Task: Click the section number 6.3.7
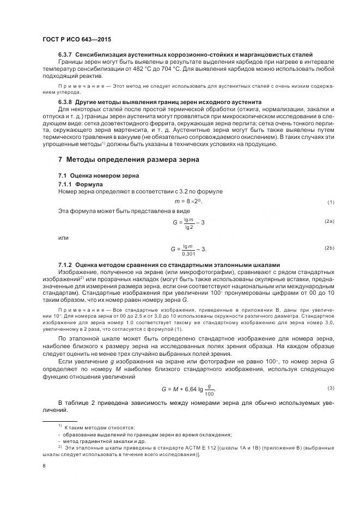tap(66, 55)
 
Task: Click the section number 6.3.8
tap(66, 102)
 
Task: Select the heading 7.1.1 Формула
tap(81, 184)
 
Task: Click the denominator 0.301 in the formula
tap(188, 253)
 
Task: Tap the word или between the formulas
tap(63, 238)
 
